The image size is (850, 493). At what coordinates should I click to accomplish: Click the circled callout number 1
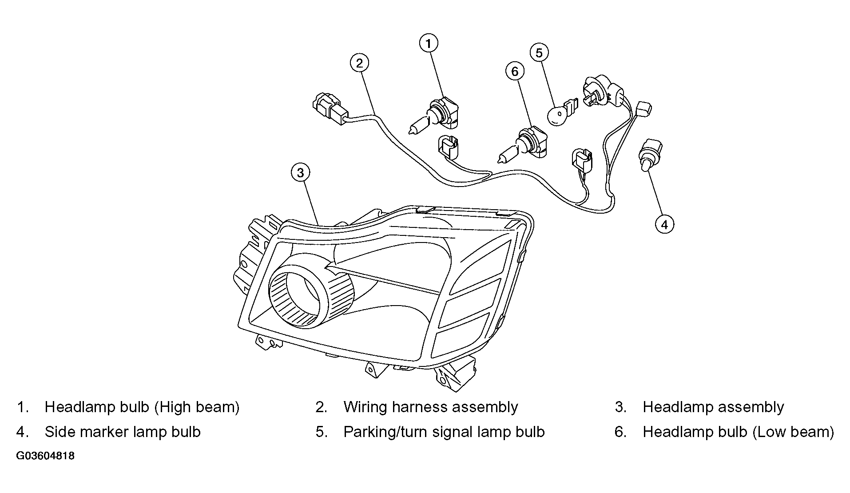[x=429, y=44]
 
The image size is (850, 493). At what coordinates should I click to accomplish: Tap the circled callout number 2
[x=359, y=63]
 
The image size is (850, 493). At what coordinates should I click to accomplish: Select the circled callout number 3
[x=301, y=173]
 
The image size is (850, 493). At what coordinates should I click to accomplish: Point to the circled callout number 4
[x=664, y=225]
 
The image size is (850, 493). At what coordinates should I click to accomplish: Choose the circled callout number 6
[x=515, y=72]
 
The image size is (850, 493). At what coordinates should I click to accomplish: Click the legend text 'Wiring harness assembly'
[x=430, y=407]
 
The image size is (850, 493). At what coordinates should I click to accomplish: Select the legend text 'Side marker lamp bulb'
[x=123, y=432]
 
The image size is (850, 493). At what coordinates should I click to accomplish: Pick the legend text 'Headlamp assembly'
[x=713, y=407]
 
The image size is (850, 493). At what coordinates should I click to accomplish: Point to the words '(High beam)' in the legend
[x=197, y=407]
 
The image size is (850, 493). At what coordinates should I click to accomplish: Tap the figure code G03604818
[x=45, y=456]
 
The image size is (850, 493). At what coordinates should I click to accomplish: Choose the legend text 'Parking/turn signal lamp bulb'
[x=444, y=432]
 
